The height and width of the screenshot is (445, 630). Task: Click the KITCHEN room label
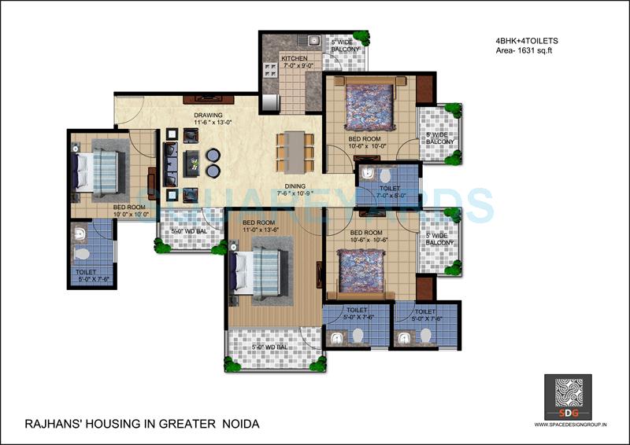click(295, 59)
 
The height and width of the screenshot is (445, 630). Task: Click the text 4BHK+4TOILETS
click(521, 40)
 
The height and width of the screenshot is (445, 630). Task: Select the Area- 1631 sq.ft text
click(521, 50)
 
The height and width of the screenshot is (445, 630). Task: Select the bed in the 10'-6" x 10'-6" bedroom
click(361, 270)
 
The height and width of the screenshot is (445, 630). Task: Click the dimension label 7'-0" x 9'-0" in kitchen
click(298, 68)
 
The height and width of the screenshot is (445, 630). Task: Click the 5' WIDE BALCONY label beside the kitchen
click(345, 46)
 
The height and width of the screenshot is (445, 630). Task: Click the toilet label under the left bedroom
click(86, 274)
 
